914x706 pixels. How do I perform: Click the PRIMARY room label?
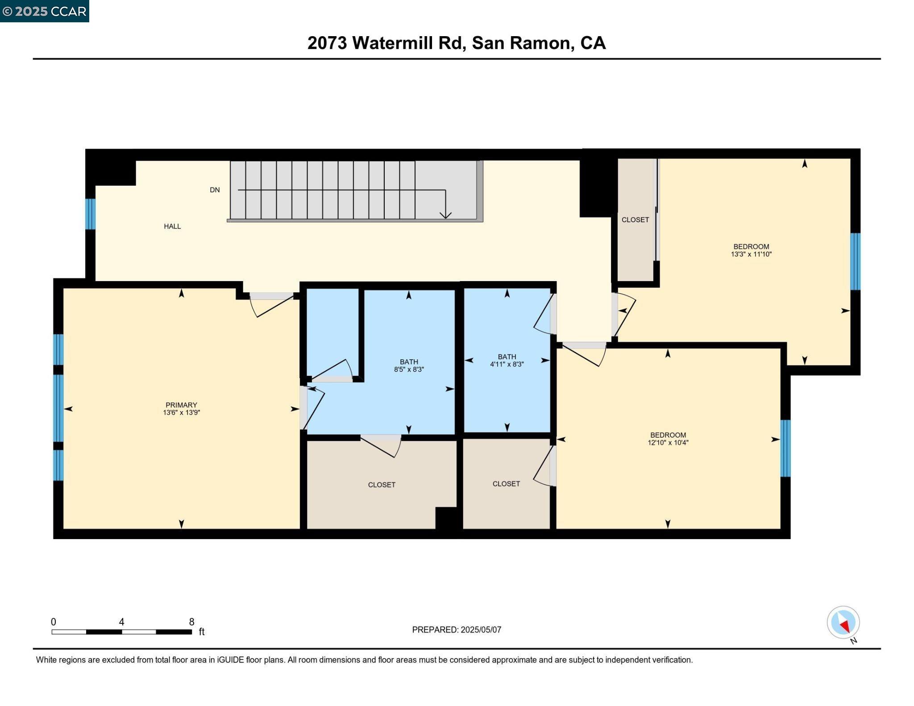[x=181, y=405]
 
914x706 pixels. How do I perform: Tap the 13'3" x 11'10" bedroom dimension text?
[x=751, y=254]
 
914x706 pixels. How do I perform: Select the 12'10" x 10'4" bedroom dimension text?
[x=668, y=443]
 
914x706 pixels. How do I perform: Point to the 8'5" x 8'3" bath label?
[x=409, y=370]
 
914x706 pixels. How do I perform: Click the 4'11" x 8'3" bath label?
[x=507, y=364]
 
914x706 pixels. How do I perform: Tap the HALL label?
[x=172, y=226]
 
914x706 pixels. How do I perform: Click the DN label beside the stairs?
[x=215, y=190]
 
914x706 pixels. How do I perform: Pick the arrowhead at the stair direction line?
[x=445, y=215]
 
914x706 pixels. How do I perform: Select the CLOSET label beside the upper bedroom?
[x=635, y=220]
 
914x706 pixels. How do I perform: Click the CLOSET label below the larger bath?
[x=382, y=485]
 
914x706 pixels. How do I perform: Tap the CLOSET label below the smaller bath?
[x=506, y=484]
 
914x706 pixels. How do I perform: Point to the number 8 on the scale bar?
[x=191, y=622]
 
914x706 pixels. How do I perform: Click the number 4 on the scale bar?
[x=121, y=622]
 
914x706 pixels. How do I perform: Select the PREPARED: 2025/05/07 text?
[x=457, y=630]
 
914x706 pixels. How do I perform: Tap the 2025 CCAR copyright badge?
[x=45, y=11]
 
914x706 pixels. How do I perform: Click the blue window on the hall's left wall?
[x=90, y=214]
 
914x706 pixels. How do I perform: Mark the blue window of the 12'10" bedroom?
[x=785, y=448]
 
